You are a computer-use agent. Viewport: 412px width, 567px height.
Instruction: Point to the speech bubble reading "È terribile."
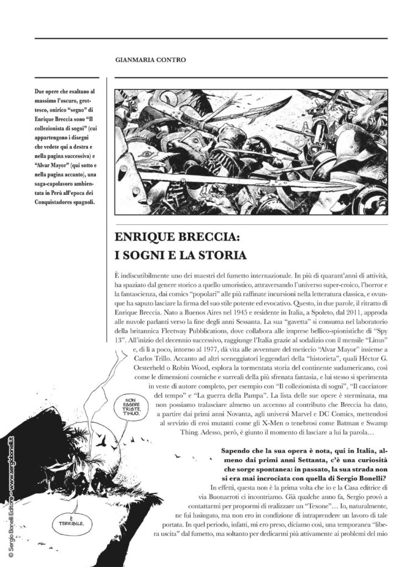70,522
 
